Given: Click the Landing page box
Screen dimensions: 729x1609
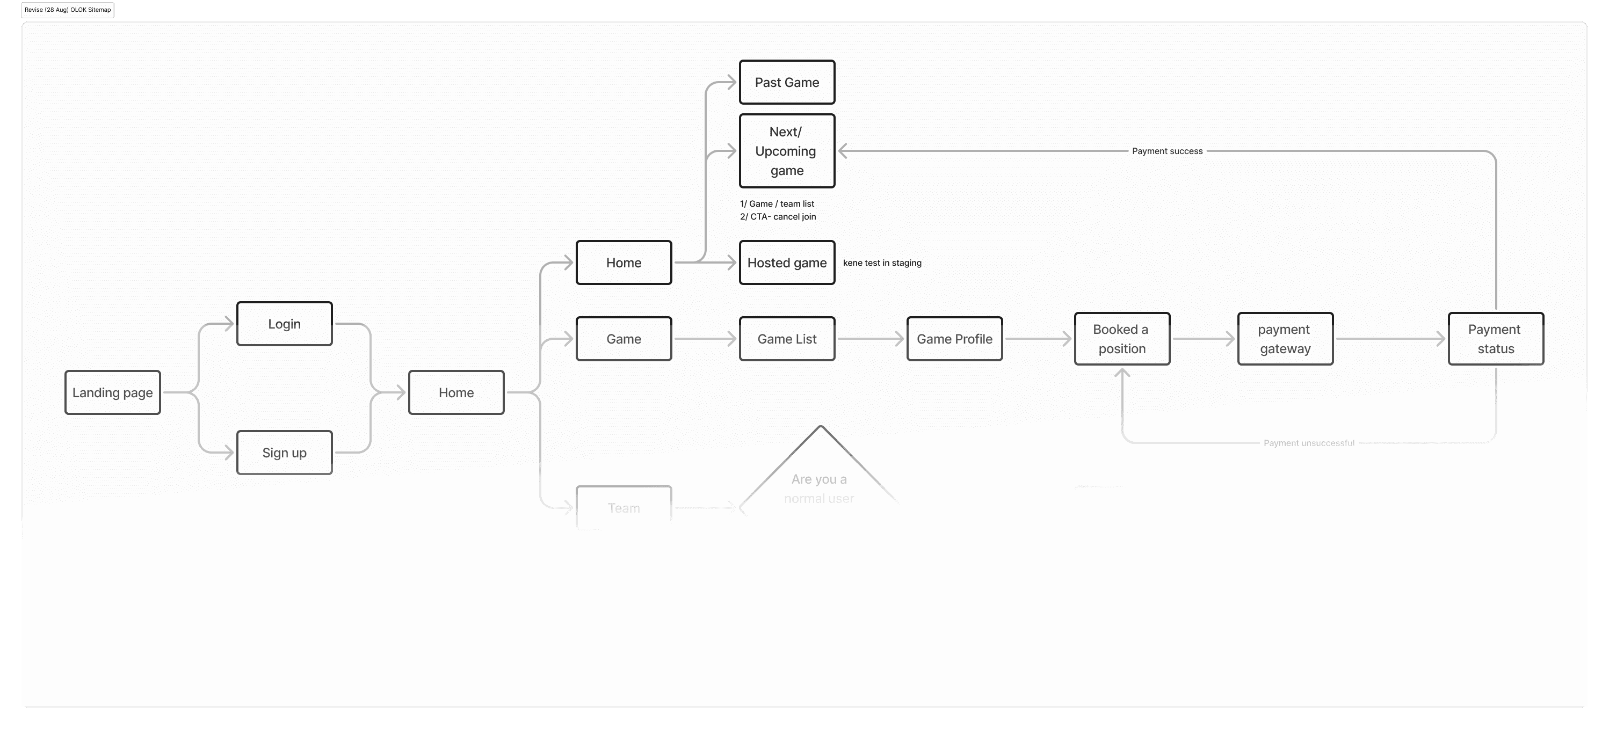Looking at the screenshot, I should [x=112, y=392].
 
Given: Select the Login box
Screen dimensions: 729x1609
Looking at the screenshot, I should [x=284, y=324].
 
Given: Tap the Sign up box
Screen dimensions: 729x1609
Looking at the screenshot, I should [x=284, y=453].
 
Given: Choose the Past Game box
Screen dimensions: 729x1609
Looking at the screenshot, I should [x=786, y=82].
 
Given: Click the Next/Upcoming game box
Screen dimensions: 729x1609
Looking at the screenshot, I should [x=786, y=151].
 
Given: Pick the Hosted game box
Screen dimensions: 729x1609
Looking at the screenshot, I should [x=786, y=263].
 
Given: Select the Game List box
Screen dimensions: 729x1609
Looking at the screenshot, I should [x=786, y=339].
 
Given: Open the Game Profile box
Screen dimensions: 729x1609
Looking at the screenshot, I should [x=954, y=339].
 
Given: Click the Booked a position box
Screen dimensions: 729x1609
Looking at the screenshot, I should [x=1122, y=339].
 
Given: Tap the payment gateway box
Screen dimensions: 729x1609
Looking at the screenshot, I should [x=1285, y=339].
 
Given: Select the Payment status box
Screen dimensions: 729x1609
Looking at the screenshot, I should [x=1495, y=339].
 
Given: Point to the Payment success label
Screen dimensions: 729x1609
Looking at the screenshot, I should [x=1167, y=151].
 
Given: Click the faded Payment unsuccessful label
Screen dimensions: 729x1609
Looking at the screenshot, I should [x=1309, y=443].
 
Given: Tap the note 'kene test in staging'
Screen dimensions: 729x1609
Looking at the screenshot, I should [x=882, y=263].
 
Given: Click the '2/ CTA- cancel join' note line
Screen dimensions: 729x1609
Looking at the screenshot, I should [x=778, y=216].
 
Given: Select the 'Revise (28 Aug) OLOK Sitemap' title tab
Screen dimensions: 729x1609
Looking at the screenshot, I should [x=68, y=10].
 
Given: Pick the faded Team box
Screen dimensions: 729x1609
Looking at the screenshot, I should [x=624, y=507].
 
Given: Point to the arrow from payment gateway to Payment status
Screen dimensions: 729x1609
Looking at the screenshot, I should [x=1390, y=339].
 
